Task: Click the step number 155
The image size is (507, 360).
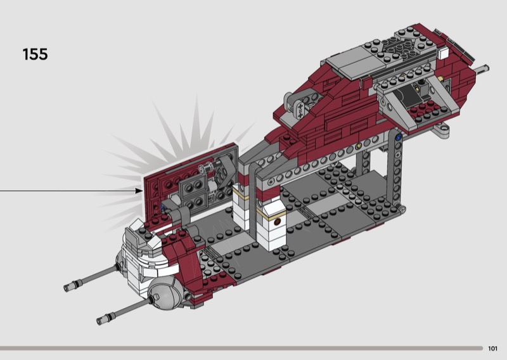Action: [35, 54]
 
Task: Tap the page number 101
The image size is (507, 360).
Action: [492, 349]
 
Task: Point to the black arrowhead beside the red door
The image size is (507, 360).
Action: [139, 191]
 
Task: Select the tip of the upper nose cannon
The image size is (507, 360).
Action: [67, 288]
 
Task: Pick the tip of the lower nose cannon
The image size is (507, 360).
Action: [99, 321]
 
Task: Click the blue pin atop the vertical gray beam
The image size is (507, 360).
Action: [399, 137]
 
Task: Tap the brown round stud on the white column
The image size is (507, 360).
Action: [277, 222]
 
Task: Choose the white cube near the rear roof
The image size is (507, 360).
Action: [444, 53]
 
